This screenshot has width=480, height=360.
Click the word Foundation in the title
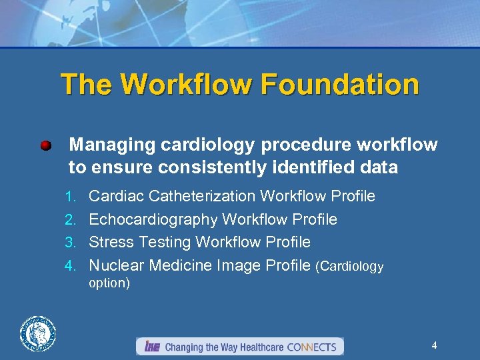[340, 85]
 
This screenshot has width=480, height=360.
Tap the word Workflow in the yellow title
[185, 85]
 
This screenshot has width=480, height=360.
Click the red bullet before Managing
[45, 145]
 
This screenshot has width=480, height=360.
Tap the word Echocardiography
[153, 219]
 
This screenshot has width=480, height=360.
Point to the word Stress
[109, 242]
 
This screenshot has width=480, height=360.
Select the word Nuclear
[116, 265]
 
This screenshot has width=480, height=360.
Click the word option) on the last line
[109, 283]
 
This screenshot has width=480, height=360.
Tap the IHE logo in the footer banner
[151, 347]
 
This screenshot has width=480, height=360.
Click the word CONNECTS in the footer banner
[313, 347]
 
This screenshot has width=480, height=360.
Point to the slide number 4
[434, 345]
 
